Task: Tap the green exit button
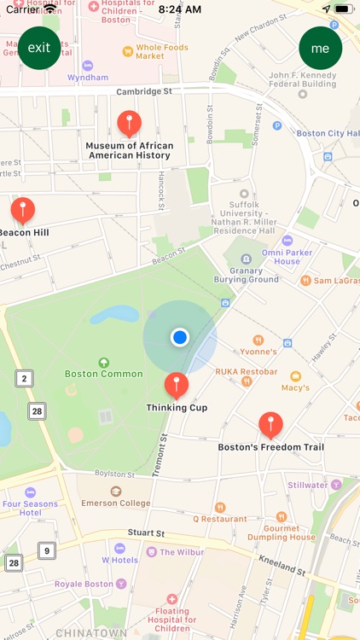(x=39, y=48)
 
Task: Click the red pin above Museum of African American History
(x=129, y=123)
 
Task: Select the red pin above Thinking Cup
(x=177, y=385)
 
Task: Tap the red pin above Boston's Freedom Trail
(x=270, y=424)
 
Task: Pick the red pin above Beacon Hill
(x=23, y=209)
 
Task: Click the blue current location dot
(x=179, y=337)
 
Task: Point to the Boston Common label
(x=104, y=374)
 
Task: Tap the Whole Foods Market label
(x=161, y=51)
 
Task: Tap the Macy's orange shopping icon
(x=295, y=376)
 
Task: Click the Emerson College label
(x=116, y=503)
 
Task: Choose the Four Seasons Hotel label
(x=30, y=509)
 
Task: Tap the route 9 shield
(x=46, y=550)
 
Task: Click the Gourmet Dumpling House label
(x=281, y=532)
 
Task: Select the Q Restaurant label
(x=219, y=518)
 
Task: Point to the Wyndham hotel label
(x=88, y=77)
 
